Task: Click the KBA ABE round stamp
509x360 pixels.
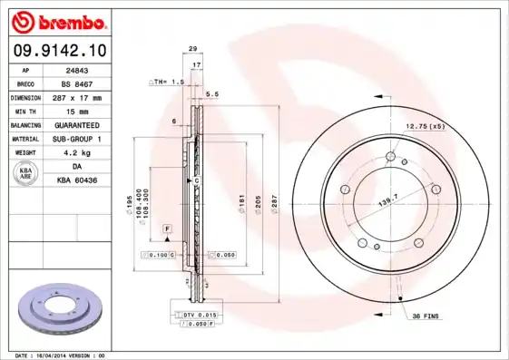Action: click(x=26, y=174)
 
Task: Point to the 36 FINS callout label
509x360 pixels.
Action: click(x=426, y=316)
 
